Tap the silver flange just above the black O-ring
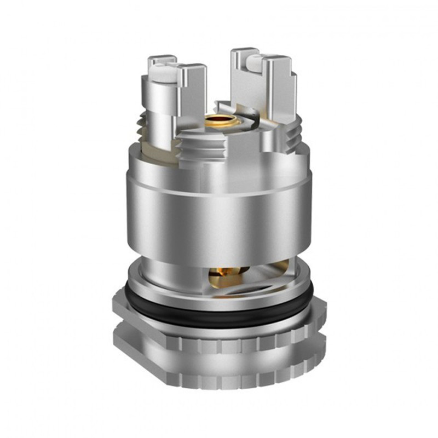click(x=219, y=293)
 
